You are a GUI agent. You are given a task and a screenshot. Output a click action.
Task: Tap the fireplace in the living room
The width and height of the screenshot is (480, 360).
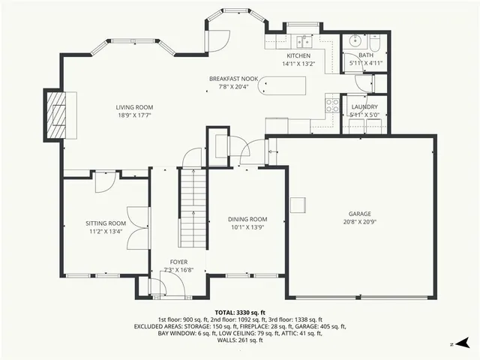(55, 115)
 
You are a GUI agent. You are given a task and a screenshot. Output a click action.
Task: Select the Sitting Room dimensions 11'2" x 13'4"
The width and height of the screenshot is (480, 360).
(105, 232)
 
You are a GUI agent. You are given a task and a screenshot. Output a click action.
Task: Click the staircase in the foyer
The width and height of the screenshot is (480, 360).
(193, 206)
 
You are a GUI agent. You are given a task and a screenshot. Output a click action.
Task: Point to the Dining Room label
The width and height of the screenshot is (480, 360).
(247, 219)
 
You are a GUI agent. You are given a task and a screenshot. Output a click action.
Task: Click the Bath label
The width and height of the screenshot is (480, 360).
(365, 55)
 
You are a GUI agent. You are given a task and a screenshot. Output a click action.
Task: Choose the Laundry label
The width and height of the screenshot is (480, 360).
(364, 107)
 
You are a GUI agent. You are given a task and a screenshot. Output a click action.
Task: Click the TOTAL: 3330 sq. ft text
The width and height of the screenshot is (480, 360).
(240, 313)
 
